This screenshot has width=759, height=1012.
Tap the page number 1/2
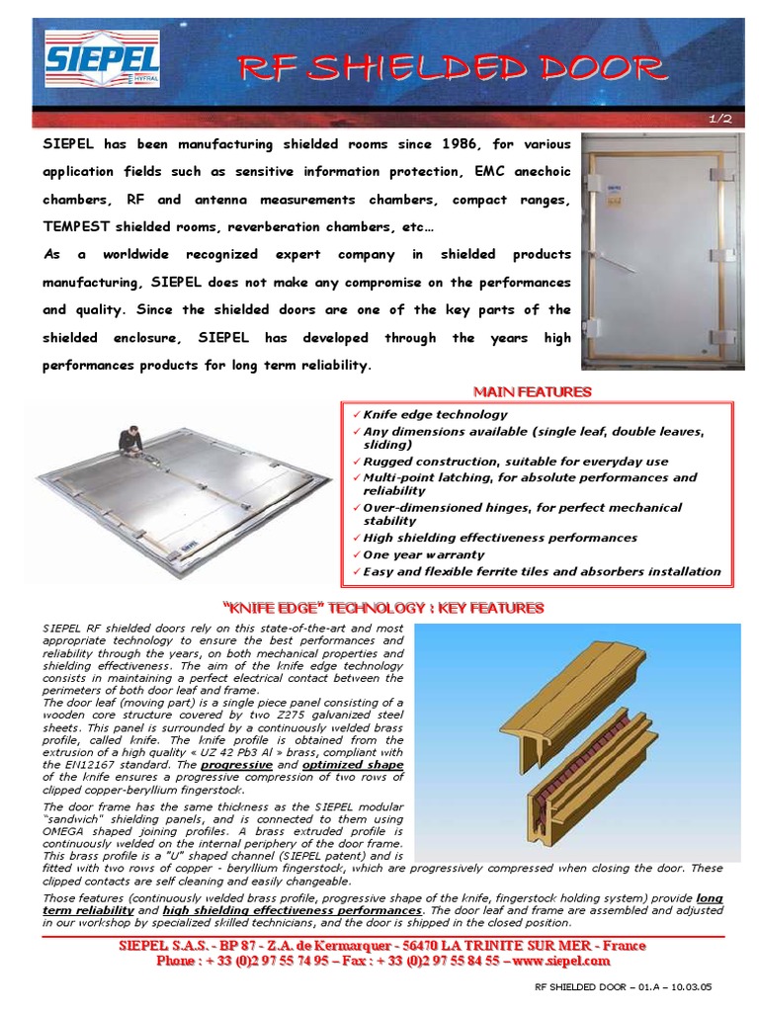click(718, 119)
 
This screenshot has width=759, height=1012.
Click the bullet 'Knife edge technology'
click(435, 415)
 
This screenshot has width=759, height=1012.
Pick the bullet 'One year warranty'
click(424, 555)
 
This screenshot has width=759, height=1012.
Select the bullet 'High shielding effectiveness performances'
click(500, 539)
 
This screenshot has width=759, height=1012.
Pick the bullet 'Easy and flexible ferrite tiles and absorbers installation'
click(542, 572)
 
